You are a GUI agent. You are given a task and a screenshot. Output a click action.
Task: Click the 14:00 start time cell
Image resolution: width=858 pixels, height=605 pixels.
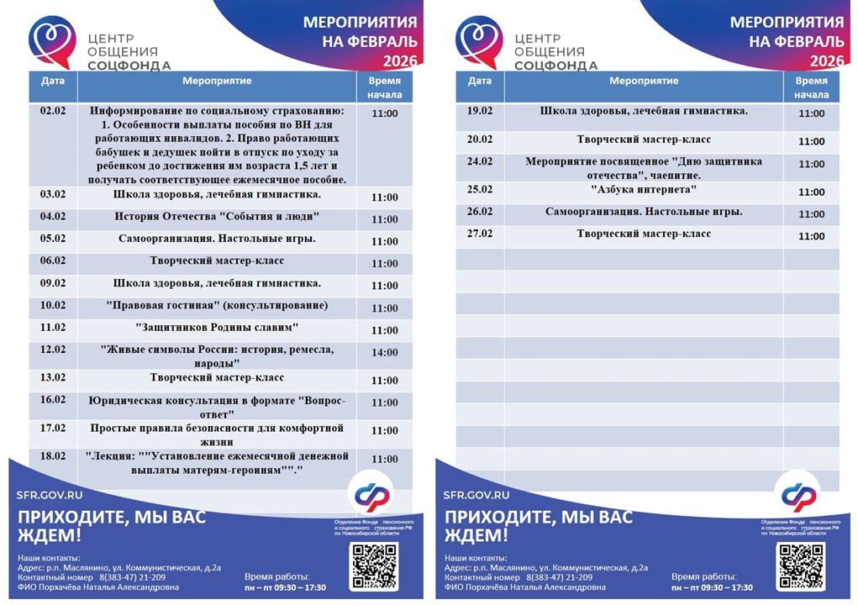click(x=385, y=353)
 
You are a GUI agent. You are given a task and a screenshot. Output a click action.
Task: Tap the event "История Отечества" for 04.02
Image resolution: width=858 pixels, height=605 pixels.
click(x=217, y=216)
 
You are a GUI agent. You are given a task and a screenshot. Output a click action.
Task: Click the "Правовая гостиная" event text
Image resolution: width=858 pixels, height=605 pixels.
click(x=217, y=305)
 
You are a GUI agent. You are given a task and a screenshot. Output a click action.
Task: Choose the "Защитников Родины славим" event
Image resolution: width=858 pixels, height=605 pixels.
click(x=217, y=327)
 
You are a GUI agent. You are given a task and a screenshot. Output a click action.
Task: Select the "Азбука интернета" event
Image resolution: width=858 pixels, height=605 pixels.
click(x=644, y=189)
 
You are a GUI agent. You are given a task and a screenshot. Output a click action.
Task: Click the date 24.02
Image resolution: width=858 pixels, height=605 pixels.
click(x=480, y=161)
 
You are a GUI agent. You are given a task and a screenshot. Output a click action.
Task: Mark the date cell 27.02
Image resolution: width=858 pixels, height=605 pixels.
click(x=480, y=234)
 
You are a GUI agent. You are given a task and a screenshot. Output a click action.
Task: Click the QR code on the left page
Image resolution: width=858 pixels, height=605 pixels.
click(x=373, y=565)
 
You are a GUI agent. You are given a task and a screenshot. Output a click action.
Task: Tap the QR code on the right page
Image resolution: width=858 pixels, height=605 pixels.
click(x=800, y=565)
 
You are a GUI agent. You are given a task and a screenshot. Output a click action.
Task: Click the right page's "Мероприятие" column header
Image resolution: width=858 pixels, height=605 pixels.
click(x=644, y=82)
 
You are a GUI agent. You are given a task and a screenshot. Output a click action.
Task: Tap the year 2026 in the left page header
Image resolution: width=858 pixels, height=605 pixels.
click(x=400, y=61)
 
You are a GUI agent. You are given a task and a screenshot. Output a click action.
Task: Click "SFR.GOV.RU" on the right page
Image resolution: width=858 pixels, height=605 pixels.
click(x=476, y=495)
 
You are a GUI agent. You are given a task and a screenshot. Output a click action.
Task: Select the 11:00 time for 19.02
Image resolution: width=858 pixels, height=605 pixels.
click(x=812, y=114)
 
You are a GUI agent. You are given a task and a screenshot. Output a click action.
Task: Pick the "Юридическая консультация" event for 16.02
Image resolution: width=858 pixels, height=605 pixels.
click(x=217, y=407)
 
